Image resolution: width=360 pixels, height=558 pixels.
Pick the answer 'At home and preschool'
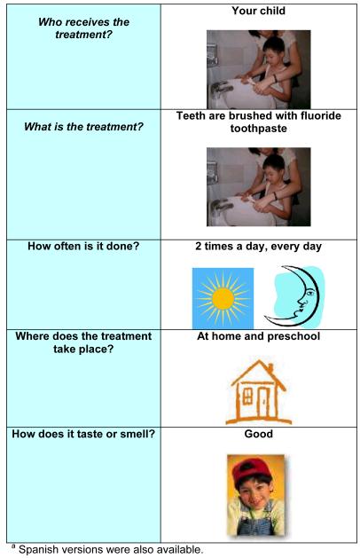[258, 337]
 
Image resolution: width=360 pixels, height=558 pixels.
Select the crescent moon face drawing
[295, 295]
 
